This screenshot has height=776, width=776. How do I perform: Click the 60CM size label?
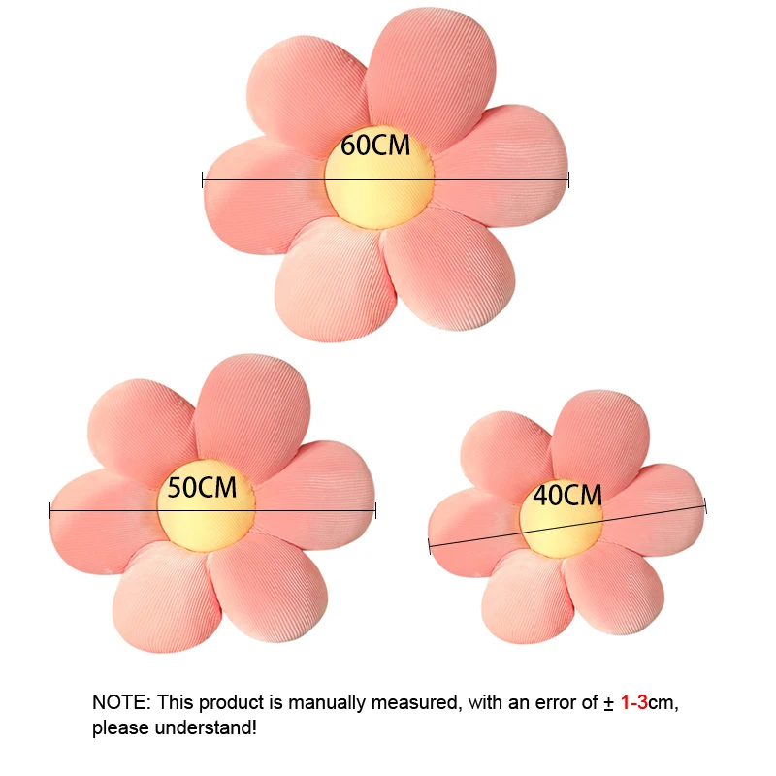[x=376, y=146]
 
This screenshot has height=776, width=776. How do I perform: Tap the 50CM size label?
[x=202, y=487]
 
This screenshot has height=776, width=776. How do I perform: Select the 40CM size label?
[x=567, y=496]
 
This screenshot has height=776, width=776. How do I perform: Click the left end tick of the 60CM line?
[x=203, y=179]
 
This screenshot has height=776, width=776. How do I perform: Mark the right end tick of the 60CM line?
[x=568, y=179]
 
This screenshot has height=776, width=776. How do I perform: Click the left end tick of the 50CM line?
[x=50, y=509]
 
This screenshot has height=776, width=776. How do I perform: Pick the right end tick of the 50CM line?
[x=375, y=509]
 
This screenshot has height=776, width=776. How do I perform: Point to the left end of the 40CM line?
[x=429, y=546]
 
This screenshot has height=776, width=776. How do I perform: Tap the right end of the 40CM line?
[x=705, y=505]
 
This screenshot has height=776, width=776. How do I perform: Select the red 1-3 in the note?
[x=634, y=702]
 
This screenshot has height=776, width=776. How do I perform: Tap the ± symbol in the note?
[x=608, y=702]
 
